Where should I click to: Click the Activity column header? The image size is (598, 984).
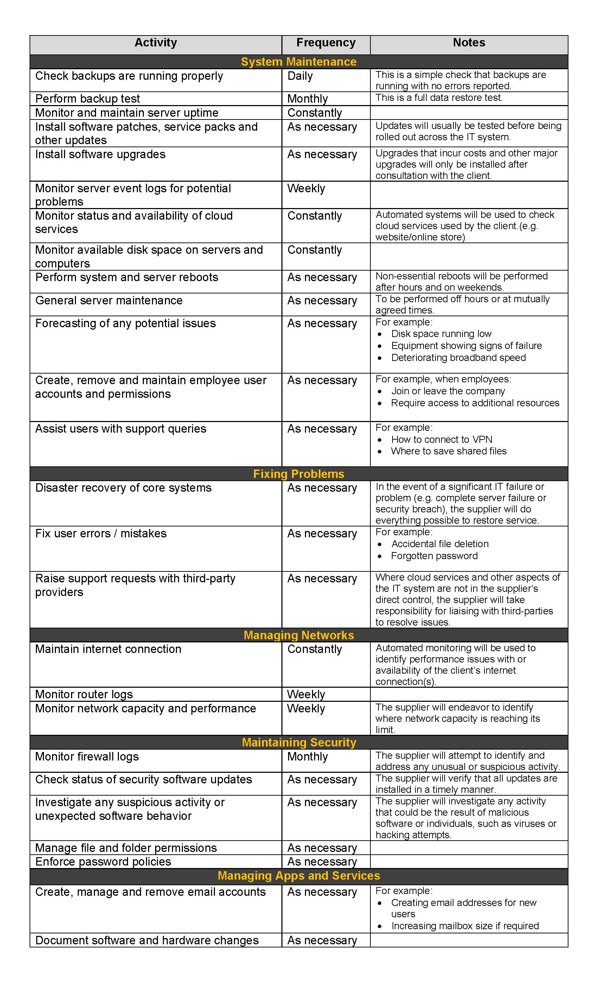[155, 43]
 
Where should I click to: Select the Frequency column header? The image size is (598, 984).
[326, 43]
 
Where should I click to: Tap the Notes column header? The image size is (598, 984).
[469, 43]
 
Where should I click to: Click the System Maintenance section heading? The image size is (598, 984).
[299, 62]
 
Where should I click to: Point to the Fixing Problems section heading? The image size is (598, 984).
[299, 474]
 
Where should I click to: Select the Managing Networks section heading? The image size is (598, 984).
[299, 635]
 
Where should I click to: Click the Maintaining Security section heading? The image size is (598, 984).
[299, 742]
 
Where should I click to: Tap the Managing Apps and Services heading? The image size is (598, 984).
[299, 876]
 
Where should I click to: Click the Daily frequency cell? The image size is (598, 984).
[300, 76]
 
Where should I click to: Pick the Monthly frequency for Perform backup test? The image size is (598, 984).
[307, 99]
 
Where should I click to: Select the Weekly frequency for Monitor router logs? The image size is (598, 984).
[306, 694]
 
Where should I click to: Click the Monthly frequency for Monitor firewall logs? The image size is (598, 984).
[307, 757]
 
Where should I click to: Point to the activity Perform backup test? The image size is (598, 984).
[88, 99]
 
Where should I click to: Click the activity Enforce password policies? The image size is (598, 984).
[103, 862]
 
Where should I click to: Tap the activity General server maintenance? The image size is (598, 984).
[109, 300]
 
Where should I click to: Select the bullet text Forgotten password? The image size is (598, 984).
[434, 556]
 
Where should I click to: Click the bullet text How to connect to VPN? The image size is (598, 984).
[442, 440]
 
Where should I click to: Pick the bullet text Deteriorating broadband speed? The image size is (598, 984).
[458, 358]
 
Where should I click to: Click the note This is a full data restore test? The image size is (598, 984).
[439, 98]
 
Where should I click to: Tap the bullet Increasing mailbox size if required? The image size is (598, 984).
[465, 926]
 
